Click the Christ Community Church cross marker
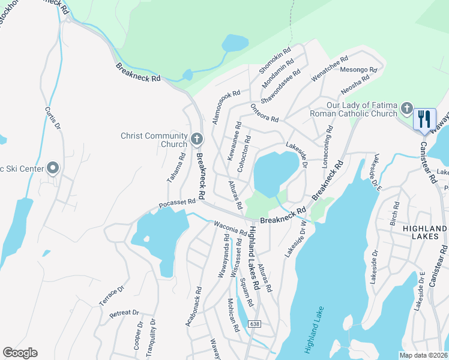(x=196, y=140)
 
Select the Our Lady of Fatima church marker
(x=406, y=109)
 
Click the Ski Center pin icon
(x=53, y=169)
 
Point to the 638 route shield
(x=255, y=324)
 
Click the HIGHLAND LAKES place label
(x=425, y=233)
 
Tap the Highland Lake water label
(x=313, y=329)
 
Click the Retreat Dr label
(x=124, y=313)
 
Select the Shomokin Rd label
(x=274, y=60)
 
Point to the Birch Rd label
(x=395, y=211)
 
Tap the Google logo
(x=20, y=353)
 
